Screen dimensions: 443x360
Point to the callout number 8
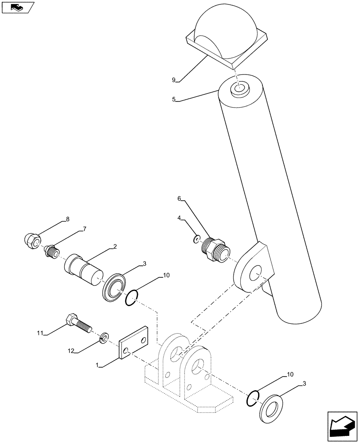67,219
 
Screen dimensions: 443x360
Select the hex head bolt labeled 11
78,323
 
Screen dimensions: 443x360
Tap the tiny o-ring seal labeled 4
196,239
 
